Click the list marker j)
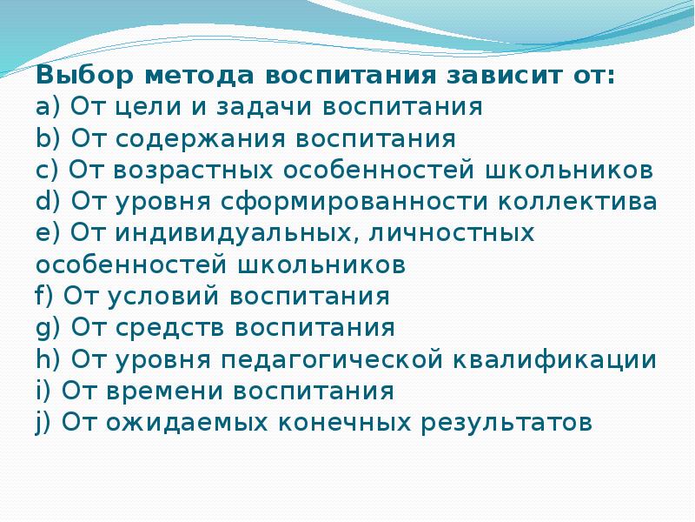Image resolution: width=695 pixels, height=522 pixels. [x=44, y=423]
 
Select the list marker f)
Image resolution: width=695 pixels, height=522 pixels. [x=45, y=297]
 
